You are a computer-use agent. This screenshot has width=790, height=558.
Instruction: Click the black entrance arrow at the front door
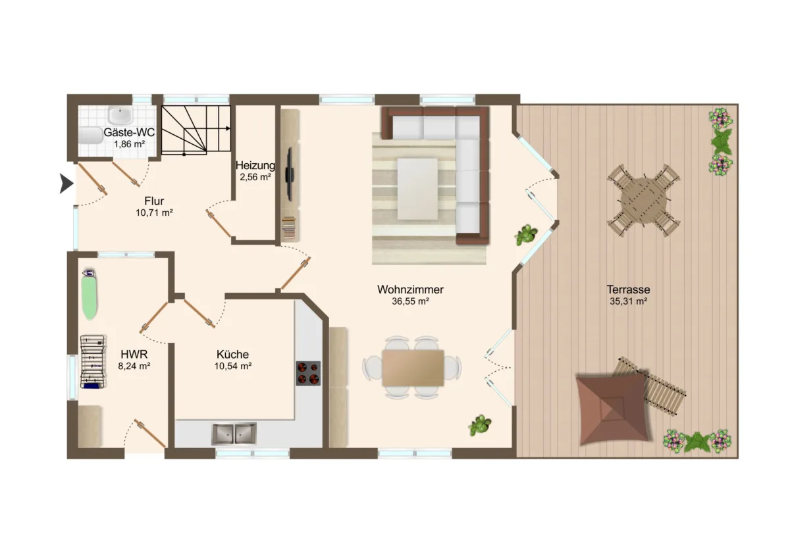click(66, 184)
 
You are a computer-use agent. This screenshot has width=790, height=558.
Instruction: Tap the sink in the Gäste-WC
click(120, 115)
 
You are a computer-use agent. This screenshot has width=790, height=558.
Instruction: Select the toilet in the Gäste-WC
click(90, 136)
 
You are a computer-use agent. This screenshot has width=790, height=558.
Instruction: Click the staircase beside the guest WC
click(196, 130)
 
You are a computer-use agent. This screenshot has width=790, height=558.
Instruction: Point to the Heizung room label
click(255, 165)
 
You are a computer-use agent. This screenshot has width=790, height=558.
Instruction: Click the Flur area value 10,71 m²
click(154, 213)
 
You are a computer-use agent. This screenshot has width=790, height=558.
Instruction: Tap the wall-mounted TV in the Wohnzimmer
click(290, 174)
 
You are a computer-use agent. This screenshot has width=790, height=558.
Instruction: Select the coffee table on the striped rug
click(417, 189)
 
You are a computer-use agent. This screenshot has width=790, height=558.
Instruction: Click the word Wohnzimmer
click(410, 290)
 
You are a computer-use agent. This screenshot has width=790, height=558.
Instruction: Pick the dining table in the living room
click(413, 368)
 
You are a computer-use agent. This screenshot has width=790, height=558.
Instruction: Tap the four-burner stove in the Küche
click(308, 373)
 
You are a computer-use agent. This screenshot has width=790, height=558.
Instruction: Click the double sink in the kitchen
click(234, 434)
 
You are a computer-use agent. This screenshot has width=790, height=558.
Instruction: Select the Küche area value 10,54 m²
click(233, 366)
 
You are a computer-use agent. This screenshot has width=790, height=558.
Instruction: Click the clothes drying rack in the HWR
click(93, 362)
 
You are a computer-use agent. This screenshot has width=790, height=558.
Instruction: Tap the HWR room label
click(134, 354)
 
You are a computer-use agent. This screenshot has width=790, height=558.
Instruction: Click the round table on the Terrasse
click(644, 200)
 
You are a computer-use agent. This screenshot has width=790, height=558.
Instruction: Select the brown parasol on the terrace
click(614, 409)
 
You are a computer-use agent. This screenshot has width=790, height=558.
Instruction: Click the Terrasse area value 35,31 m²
click(628, 301)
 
